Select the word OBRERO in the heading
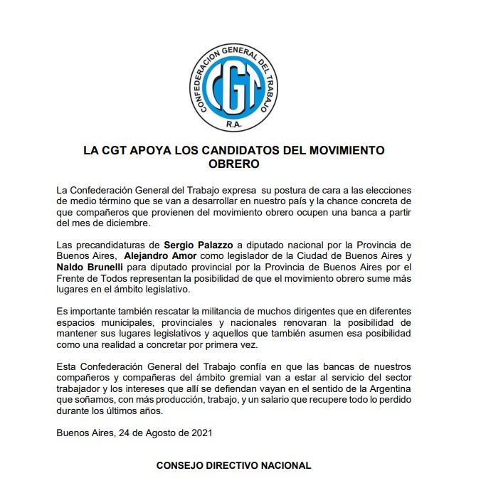[x=233, y=164]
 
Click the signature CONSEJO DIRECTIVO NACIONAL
[x=233, y=465]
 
